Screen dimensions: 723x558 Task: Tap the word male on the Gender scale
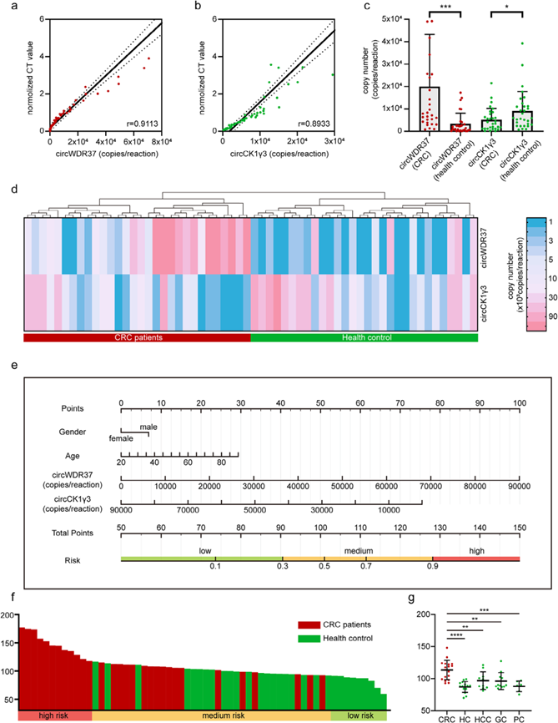point(149,427)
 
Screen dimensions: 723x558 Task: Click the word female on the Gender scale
point(121,437)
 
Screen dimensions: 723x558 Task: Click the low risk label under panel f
point(359,715)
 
